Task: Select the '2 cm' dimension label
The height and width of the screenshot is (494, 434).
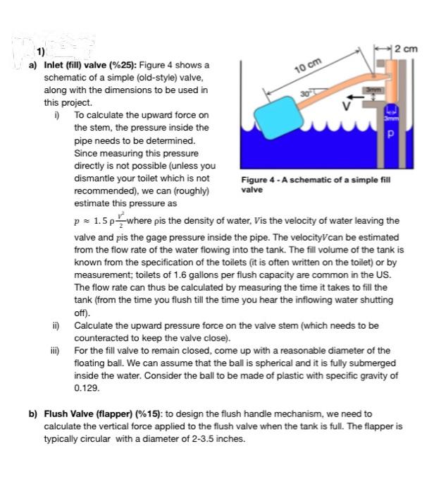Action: (x=407, y=49)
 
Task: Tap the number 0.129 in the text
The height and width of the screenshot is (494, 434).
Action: (x=86, y=388)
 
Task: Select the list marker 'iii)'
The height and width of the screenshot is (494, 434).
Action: (x=53, y=351)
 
